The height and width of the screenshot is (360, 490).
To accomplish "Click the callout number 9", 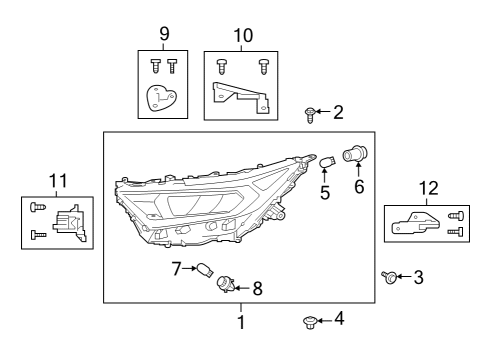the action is pos(164,34).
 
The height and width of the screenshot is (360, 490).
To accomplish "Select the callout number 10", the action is pos(243,35).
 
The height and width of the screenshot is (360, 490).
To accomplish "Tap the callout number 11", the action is pos(58,181).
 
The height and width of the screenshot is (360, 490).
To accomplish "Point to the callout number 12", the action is pos(428,188).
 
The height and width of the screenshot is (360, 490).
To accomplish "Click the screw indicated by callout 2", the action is pos(310,115).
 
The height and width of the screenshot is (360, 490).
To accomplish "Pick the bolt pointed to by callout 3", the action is pos(389,277).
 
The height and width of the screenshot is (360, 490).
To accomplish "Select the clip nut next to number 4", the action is pos(309,322).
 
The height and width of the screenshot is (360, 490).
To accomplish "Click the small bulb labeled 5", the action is pos(328,163).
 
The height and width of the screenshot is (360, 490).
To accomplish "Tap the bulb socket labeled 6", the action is pos(355,154).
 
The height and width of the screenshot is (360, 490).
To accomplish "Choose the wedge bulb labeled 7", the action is pos(204,269).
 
